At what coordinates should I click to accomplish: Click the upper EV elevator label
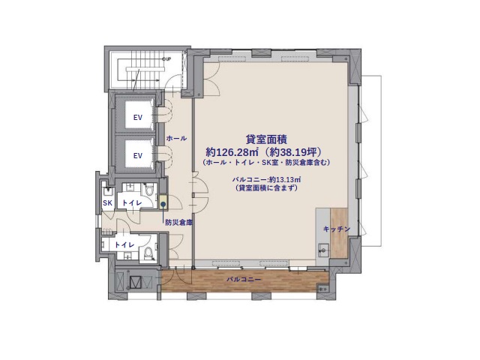138,117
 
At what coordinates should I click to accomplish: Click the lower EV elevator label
138,155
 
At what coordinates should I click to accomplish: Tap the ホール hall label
176,138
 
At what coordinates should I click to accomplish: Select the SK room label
107,202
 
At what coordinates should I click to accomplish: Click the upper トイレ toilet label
132,202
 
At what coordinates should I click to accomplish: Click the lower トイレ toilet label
124,245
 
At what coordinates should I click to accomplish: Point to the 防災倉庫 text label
178,223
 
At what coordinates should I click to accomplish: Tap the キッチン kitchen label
337,229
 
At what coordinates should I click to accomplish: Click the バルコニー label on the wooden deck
244,280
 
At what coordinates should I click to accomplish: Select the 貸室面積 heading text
266,139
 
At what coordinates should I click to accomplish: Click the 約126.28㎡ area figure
232,151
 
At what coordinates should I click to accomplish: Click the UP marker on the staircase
166,58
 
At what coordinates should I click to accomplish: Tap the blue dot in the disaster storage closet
163,203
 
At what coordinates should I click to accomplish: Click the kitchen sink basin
323,250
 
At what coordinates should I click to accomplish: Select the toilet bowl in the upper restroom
149,190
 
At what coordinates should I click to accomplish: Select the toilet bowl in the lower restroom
148,253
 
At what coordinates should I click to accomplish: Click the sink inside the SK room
107,192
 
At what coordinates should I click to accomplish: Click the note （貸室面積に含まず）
266,187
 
